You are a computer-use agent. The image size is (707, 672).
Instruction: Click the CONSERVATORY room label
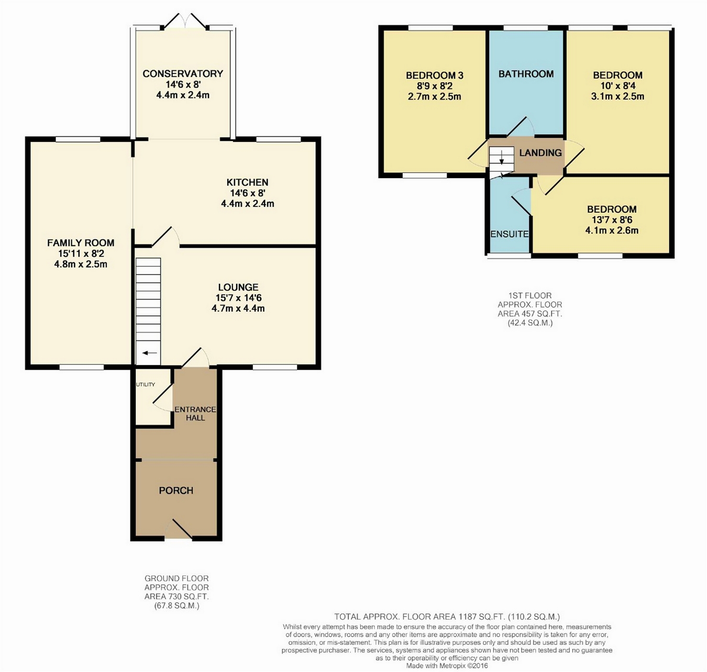[183, 74]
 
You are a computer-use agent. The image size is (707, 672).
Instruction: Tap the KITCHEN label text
[247, 182]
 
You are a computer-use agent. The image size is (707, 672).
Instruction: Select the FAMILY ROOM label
[81, 243]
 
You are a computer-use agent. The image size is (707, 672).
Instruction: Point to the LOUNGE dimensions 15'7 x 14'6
[238, 298]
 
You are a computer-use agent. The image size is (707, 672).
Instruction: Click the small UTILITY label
[146, 384]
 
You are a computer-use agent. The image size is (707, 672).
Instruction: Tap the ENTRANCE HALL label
[195, 413]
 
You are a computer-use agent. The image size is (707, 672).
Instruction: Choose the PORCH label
[176, 491]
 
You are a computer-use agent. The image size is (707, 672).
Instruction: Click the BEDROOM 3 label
[435, 75]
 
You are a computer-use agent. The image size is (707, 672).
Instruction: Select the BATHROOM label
[526, 74]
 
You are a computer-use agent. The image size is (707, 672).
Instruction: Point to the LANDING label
[540, 153]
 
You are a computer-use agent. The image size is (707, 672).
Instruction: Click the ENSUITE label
[510, 234]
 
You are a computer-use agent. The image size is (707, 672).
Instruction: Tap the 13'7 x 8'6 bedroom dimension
[612, 220]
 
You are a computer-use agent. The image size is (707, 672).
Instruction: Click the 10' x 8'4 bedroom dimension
[617, 86]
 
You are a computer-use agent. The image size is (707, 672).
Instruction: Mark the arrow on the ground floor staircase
[150, 353]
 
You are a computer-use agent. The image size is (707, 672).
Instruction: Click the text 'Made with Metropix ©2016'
[447, 666]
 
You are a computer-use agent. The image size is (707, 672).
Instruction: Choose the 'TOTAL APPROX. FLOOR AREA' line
[447, 617]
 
